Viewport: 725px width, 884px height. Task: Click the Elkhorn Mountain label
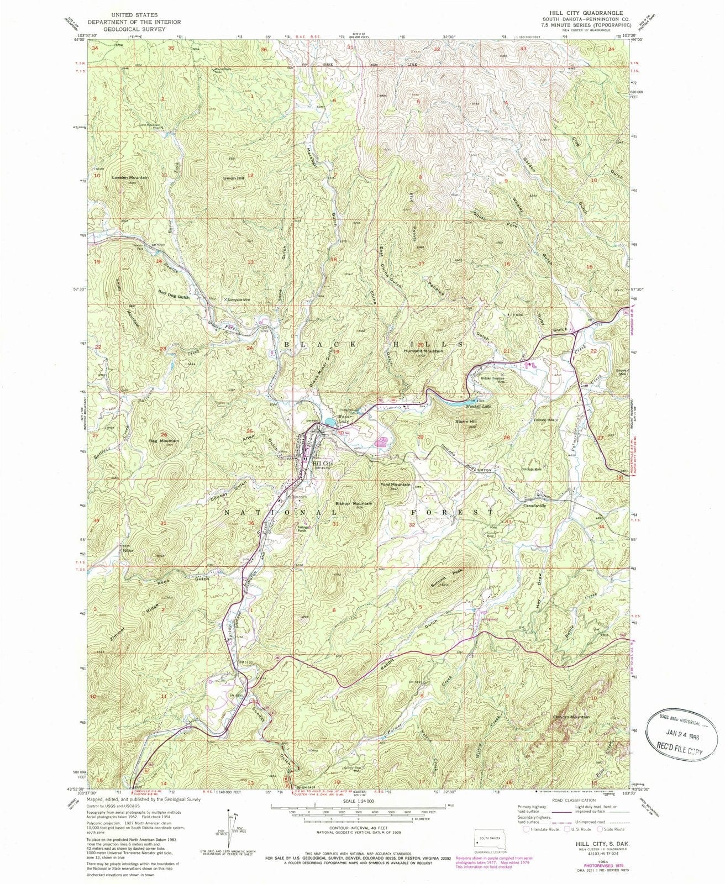571,717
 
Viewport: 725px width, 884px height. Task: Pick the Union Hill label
233,178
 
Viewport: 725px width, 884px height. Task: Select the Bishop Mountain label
354,503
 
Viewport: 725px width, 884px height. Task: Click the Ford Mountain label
395,485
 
